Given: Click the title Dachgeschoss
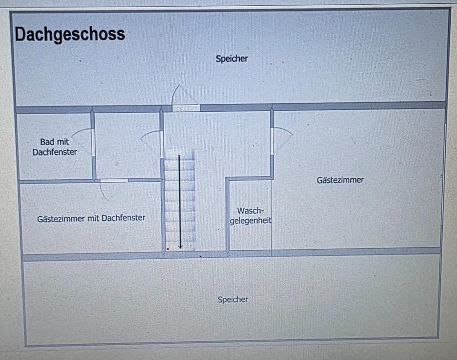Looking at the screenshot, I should [x=70, y=35].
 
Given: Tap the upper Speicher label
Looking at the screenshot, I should [x=232, y=59].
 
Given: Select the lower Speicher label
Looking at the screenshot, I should [x=233, y=300].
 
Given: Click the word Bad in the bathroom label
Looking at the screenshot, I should [x=47, y=142].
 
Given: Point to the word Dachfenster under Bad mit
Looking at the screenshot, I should [x=55, y=152].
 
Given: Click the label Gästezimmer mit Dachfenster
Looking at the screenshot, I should [x=91, y=218].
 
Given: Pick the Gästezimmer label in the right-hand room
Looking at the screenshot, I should [x=340, y=180].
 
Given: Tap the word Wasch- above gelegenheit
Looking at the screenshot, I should [x=250, y=211].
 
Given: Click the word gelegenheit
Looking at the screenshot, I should [x=250, y=221].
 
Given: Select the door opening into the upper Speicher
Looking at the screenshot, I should [x=186, y=107].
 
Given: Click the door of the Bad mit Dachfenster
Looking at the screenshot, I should [x=93, y=142].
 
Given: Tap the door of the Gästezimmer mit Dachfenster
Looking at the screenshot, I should [x=114, y=181].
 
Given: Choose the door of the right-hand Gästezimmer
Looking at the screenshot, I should [x=272, y=141].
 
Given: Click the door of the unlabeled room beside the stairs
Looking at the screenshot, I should [x=162, y=144].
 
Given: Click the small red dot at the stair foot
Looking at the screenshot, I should [x=168, y=248].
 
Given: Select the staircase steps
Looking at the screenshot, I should [x=180, y=200].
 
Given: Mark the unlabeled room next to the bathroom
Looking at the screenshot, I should [x=127, y=145].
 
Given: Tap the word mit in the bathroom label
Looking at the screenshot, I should [x=63, y=142].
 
